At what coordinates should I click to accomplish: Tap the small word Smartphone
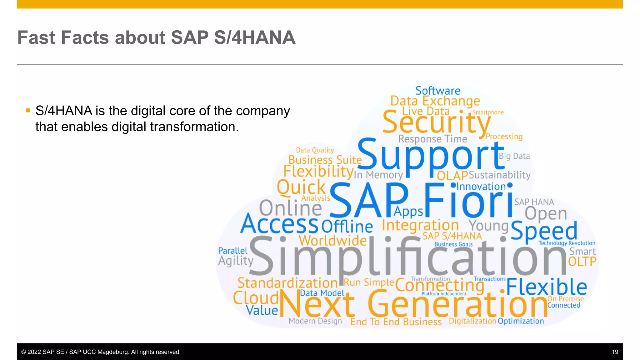(488, 112)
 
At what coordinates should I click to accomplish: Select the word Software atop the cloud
(438, 91)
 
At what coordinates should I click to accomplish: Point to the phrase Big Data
(514, 156)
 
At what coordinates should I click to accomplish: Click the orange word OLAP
(452, 176)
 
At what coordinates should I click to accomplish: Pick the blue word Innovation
(481, 187)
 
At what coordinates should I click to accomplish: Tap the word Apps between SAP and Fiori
(408, 212)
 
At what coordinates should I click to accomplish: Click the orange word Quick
(301, 187)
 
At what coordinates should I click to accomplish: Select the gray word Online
(290, 208)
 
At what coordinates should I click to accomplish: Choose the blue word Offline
(347, 227)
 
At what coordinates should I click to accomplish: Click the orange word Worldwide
(332, 241)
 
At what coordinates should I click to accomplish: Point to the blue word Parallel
(232, 251)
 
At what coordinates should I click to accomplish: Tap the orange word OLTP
(582, 262)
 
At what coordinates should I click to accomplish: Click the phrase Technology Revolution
(567, 243)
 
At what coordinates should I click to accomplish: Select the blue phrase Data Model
(322, 293)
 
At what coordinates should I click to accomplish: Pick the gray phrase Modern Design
(315, 321)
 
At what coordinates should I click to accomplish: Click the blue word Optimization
(521, 321)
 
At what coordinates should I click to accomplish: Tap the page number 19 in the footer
(615, 352)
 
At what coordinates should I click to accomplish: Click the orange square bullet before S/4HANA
(28, 110)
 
